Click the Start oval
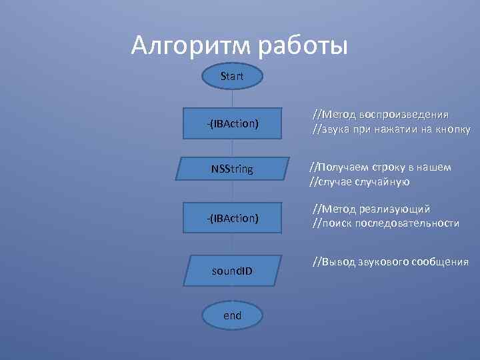(232, 77)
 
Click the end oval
(232, 315)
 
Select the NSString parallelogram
(232, 169)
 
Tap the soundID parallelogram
(232, 271)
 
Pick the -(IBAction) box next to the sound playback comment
(232, 124)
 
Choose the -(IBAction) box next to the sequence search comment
(232, 217)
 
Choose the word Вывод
(341, 262)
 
